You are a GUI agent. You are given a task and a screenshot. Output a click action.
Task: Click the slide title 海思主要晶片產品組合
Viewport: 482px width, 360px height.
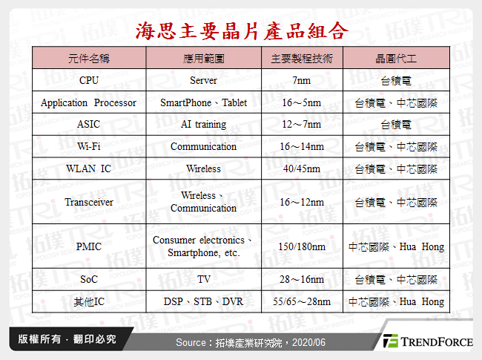point(242,31)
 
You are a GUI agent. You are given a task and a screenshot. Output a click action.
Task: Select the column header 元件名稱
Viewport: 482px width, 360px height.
point(89,58)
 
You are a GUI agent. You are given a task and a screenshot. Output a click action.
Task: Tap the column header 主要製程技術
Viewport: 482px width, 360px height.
point(302,58)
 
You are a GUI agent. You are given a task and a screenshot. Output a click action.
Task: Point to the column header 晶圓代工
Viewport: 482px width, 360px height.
point(396,58)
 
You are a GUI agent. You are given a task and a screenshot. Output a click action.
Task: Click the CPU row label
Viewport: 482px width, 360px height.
point(89,80)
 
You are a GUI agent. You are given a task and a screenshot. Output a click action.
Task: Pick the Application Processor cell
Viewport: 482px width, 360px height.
point(88,102)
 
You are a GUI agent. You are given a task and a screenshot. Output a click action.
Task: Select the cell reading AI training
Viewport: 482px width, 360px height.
point(203,124)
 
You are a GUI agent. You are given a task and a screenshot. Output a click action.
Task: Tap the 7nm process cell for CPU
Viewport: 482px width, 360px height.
point(302,81)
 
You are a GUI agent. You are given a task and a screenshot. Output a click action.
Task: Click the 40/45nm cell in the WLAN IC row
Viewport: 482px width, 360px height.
point(302,168)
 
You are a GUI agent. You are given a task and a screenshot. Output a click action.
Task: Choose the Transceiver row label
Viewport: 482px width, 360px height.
point(89,202)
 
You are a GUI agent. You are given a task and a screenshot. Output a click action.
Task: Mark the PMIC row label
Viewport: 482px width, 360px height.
point(89,246)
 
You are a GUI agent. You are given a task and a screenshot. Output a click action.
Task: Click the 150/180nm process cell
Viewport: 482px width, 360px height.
point(302,246)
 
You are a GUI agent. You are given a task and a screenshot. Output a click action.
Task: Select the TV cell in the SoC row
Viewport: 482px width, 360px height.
point(203,279)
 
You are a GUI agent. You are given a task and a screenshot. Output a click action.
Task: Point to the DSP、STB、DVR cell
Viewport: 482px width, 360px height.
point(203,301)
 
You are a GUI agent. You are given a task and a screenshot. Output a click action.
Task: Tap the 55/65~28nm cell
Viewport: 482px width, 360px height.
point(302,301)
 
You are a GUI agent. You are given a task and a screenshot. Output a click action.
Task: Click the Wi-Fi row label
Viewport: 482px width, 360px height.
point(89,146)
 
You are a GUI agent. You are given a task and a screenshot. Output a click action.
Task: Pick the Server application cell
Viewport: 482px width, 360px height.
point(203,81)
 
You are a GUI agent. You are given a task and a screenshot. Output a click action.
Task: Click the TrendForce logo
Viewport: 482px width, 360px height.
point(428,341)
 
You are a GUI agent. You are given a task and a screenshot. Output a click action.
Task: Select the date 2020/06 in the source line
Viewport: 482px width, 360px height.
point(308,342)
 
